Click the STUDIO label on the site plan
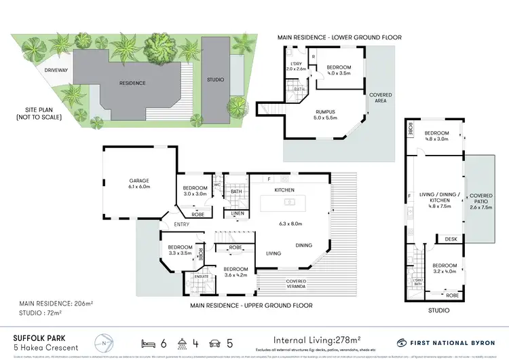point(215,80)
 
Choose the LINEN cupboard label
point(238,214)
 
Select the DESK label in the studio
point(451,238)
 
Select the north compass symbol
point(104,340)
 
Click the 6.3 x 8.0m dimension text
point(290,223)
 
